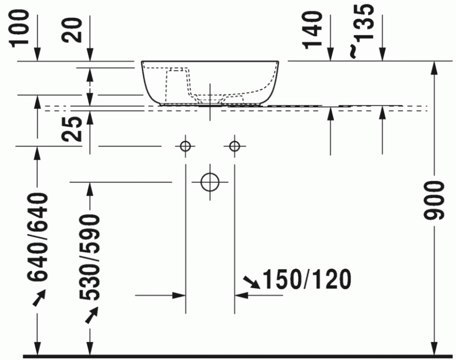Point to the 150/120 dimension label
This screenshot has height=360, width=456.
[306, 280]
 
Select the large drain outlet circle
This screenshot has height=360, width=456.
[210, 181]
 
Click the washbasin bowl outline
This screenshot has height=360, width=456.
[211, 83]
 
